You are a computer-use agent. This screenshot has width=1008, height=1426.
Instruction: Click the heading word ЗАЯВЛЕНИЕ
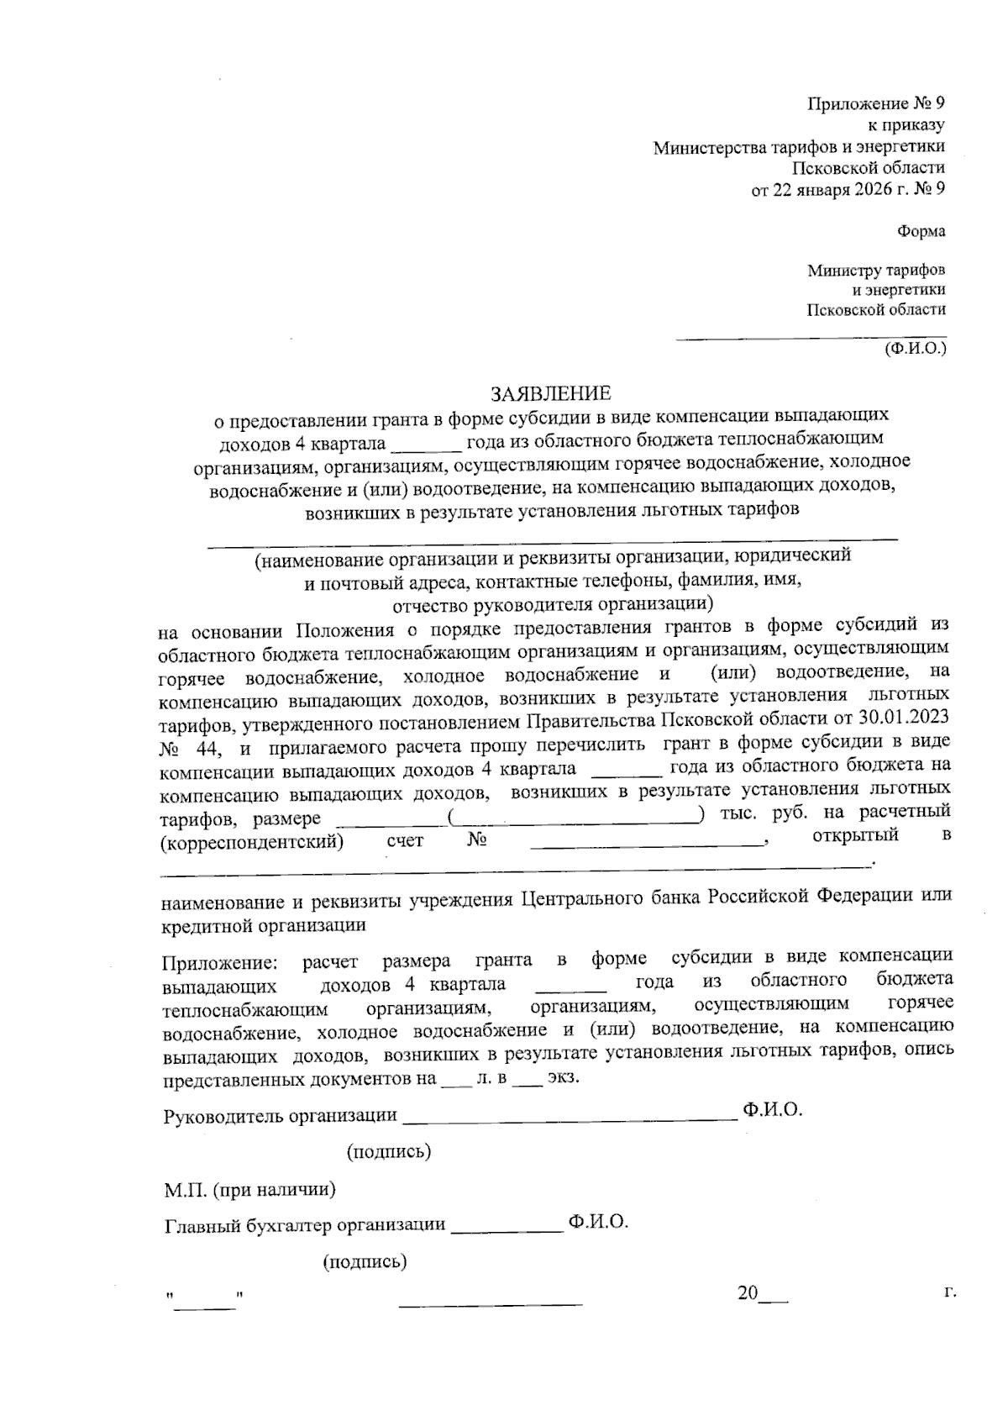pyautogui.click(x=551, y=392)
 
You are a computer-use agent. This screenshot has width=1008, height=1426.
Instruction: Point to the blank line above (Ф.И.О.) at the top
pyautogui.click(x=811, y=339)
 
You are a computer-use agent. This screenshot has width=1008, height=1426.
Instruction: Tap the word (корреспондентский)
pyautogui.click(x=252, y=839)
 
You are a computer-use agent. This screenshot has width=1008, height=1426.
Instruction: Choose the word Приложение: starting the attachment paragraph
pyautogui.click(x=219, y=960)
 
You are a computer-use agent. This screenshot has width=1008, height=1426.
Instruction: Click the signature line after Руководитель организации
pyautogui.click(x=570, y=1118)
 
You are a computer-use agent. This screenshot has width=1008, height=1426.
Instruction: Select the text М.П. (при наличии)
pyautogui.click(x=250, y=1190)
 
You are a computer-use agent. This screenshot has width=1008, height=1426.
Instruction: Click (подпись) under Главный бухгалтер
pyautogui.click(x=365, y=1261)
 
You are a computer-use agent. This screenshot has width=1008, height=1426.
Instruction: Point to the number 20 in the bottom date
pyautogui.click(x=748, y=1293)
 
